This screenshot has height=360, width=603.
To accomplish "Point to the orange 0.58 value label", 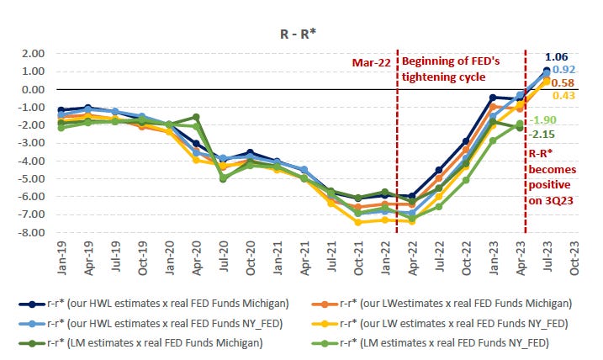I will click(x=563, y=83).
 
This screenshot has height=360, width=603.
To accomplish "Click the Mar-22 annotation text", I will click(x=371, y=61).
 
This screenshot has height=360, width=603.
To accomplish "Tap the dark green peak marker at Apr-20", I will click(x=195, y=118).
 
